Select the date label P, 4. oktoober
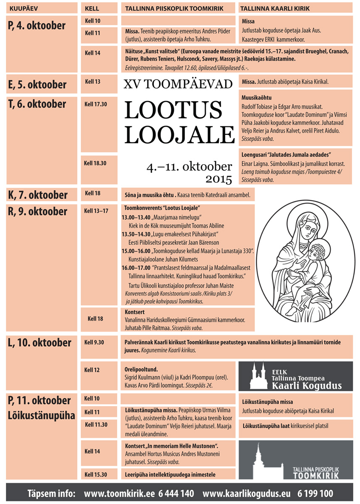click(37, 26)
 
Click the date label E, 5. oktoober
click(37, 85)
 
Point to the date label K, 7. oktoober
click(37, 195)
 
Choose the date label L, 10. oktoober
click(39, 343)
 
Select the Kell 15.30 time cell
click(96, 475)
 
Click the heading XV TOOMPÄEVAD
click(178, 84)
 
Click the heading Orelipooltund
click(141, 370)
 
